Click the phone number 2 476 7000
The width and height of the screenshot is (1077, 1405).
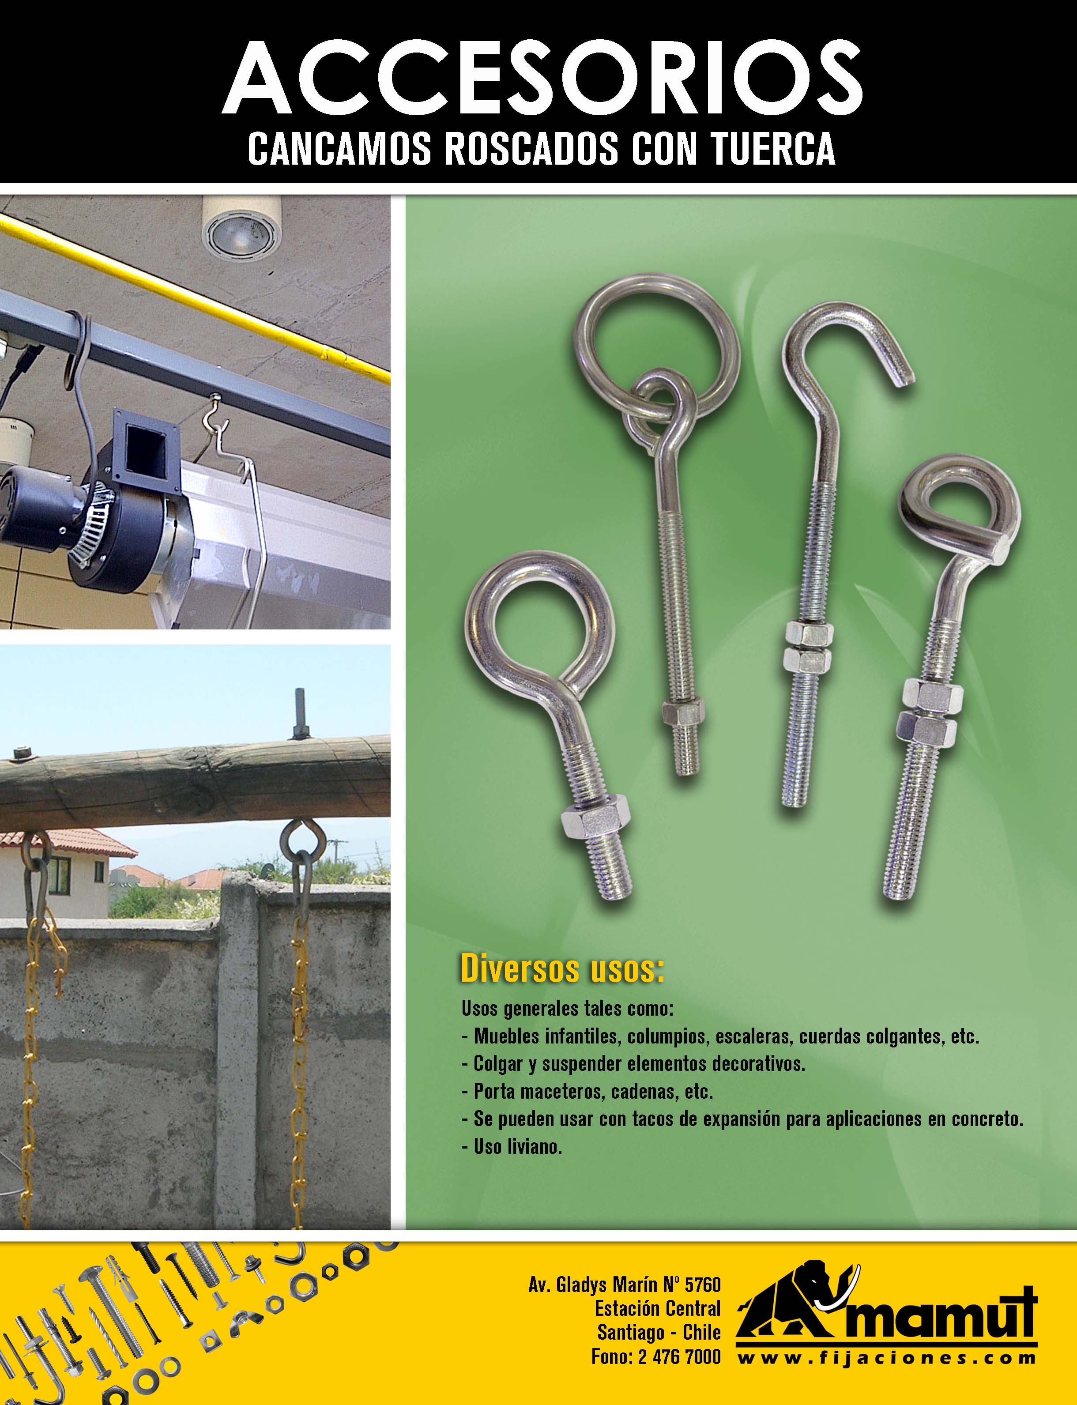[680, 1339]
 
